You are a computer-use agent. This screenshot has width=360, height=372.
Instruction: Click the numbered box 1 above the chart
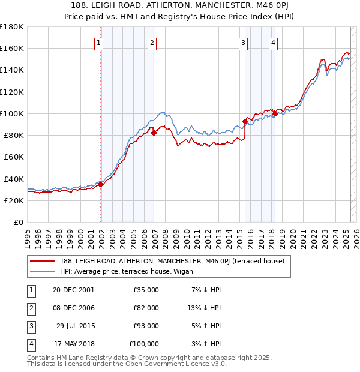coord(98,43)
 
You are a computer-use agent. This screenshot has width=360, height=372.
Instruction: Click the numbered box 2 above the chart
coord(152,43)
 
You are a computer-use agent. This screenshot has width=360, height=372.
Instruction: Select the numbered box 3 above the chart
coord(243,43)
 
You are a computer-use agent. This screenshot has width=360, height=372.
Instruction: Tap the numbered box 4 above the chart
coord(273,43)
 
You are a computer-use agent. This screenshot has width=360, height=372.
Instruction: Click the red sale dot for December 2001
coord(101,184)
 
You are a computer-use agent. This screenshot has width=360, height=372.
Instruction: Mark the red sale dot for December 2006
coord(154,133)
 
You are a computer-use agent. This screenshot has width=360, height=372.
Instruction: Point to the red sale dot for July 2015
coord(245,121)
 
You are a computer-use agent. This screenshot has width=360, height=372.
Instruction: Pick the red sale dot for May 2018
coord(275,113)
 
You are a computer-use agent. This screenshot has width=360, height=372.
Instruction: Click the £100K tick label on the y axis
coord(12,113)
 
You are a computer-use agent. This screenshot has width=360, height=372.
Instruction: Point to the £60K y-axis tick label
coord(14,157)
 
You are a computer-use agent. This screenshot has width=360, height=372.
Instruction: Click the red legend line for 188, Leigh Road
coord(42,261)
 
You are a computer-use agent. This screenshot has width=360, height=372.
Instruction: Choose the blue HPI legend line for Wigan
coord(42,271)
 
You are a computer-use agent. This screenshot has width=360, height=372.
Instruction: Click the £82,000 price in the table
coord(146,308)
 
